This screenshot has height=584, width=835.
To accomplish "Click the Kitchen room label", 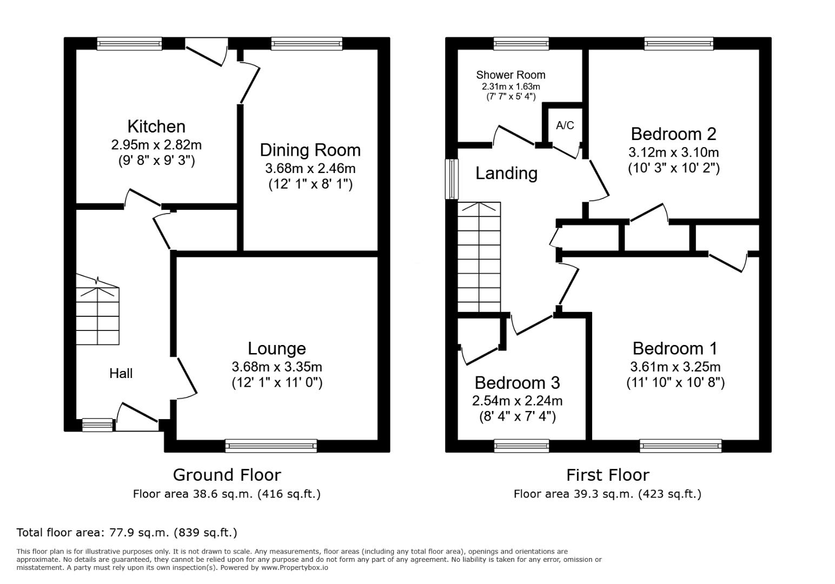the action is pyautogui.click(x=156, y=127).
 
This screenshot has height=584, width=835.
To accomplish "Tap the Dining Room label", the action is pyautogui.click(x=310, y=150).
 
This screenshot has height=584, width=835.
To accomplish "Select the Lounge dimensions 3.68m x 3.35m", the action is pyautogui.click(x=277, y=367).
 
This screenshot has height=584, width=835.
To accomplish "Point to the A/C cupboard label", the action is pyautogui.click(x=565, y=125).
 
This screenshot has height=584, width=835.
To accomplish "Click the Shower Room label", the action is pyautogui.click(x=511, y=75).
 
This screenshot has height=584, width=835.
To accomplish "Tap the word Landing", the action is pyautogui.click(x=506, y=173).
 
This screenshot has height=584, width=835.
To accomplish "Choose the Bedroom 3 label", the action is pyautogui.click(x=517, y=383).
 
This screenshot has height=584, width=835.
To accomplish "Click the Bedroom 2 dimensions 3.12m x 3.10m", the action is pyautogui.click(x=674, y=152).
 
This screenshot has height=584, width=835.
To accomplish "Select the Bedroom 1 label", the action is pyautogui.click(x=675, y=348).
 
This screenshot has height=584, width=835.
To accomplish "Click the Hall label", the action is pyautogui.click(x=121, y=374).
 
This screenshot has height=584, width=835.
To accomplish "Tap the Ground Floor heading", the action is pyautogui.click(x=227, y=475).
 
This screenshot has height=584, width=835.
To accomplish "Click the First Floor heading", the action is pyautogui.click(x=608, y=475).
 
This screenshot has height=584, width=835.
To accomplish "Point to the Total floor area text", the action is pyautogui.click(x=127, y=533).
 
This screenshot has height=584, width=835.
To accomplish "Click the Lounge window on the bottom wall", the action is pyautogui.click(x=271, y=446).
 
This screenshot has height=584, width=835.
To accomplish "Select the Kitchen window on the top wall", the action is pyautogui.click(x=129, y=44).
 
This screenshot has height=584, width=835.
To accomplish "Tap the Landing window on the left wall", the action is pyautogui.click(x=452, y=180).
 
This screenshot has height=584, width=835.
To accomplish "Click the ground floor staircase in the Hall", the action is pyautogui.click(x=98, y=310).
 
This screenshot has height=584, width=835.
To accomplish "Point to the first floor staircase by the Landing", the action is pyautogui.click(x=479, y=257).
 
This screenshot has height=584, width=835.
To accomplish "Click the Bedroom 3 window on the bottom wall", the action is pyautogui.click(x=521, y=446).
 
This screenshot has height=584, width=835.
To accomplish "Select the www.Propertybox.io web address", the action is pyautogui.click(x=295, y=568).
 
